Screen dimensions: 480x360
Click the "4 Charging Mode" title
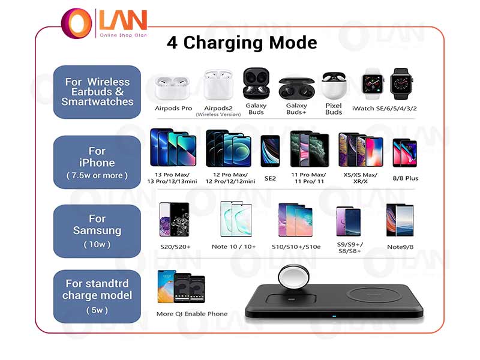point(242,42)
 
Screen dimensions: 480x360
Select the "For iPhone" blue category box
point(97,162)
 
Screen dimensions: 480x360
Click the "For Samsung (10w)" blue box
point(97,231)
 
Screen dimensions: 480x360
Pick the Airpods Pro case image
point(172,87)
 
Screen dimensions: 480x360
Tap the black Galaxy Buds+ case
point(296,88)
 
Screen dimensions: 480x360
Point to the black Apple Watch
point(401,83)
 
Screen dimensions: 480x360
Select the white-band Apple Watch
point(373,83)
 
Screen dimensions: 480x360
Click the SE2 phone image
point(270,151)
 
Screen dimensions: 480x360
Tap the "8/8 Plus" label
point(406,178)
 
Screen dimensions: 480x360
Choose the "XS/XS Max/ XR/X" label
point(361,178)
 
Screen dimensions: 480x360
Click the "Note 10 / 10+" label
point(233,247)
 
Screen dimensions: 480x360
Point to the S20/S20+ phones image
point(174,219)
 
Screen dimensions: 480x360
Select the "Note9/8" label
point(400,247)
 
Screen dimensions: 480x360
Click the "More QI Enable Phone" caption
point(192,314)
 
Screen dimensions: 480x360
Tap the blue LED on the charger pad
point(334,316)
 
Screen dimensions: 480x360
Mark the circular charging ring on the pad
point(369,295)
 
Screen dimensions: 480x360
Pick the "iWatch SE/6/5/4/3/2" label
point(384,109)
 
